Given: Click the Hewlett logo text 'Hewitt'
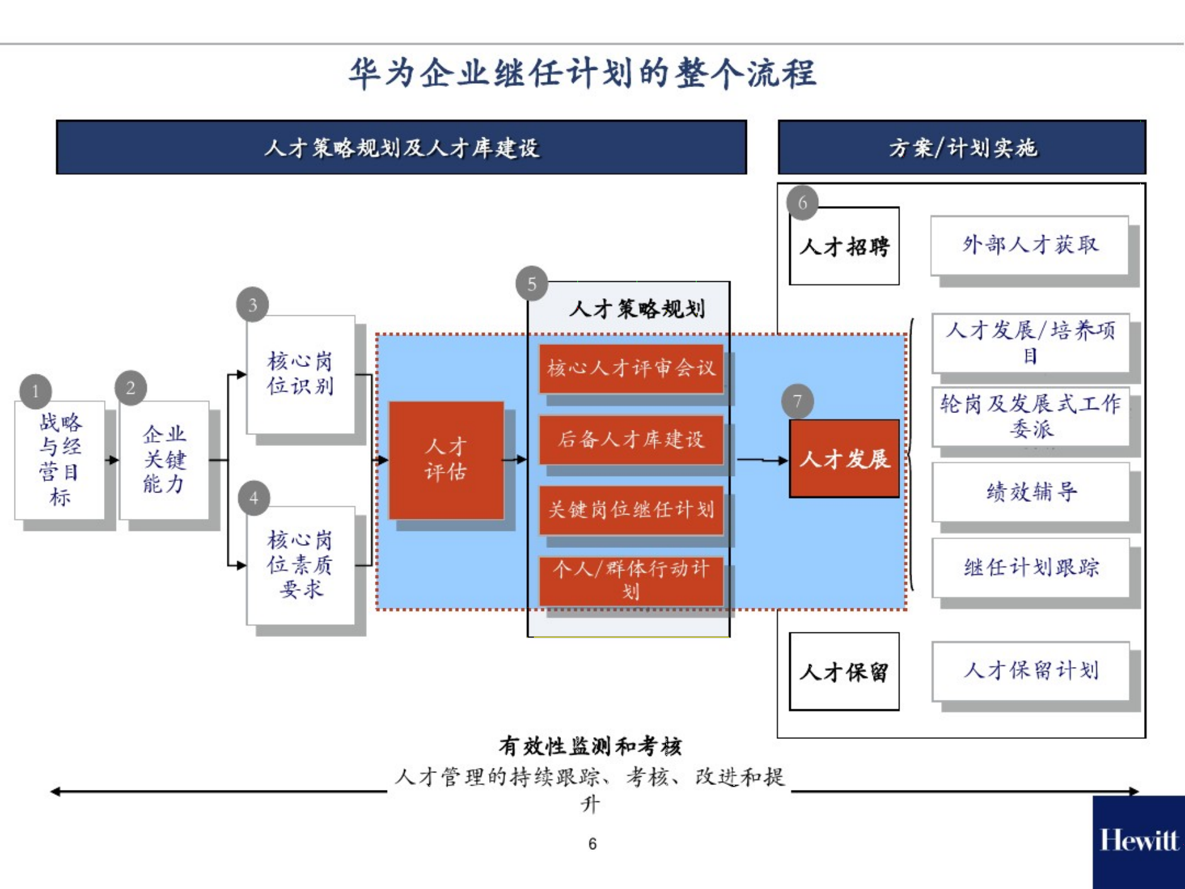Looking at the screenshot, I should point(1138,840).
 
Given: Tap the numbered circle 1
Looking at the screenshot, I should point(35,392).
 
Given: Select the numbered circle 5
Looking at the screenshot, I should point(531,284).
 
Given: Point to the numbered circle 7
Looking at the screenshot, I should point(797,402).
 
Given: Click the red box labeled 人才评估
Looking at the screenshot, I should point(446,460).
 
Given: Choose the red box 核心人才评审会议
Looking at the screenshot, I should point(631,368).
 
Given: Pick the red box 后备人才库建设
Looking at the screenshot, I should point(631,439).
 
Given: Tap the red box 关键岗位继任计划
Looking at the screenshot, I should point(631,509).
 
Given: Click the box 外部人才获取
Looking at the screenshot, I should point(1029,245).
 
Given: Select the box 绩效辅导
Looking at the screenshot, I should point(1031,492).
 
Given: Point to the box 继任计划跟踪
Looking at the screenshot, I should point(1031,567).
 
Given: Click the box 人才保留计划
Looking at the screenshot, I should point(1031,671).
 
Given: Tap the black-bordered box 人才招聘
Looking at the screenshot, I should point(844,247).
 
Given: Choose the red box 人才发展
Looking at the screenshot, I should point(844,459).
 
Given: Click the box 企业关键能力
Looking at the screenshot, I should point(165,460).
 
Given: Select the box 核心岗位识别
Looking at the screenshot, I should point(301,375).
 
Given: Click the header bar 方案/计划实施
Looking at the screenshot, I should point(962,148).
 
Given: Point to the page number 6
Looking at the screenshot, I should point(592,844).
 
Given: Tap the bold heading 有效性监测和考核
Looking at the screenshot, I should point(590,747).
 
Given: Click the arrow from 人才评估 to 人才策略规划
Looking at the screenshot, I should point(515,460).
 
